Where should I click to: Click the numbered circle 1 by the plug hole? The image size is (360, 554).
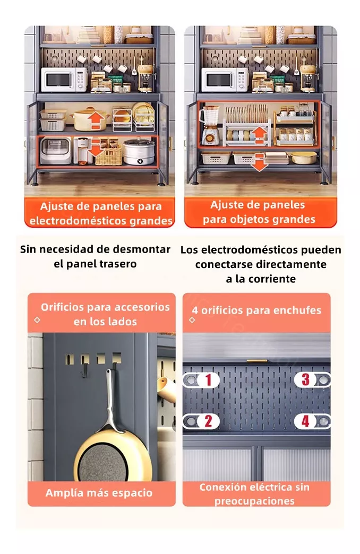(x=208, y=380)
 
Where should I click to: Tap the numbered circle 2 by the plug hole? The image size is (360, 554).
(x=208, y=421)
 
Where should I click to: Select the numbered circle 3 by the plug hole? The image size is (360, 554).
(x=305, y=379)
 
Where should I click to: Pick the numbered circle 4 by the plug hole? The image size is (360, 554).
(x=305, y=421)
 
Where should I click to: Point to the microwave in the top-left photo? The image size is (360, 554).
(x=64, y=80)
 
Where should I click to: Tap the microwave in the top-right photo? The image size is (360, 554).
(x=224, y=80)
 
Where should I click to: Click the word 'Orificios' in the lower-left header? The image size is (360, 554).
(x=64, y=307)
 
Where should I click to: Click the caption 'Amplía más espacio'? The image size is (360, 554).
(x=99, y=493)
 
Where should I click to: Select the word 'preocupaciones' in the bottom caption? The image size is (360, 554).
(x=254, y=501)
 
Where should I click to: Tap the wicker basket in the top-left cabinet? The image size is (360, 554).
(x=108, y=155)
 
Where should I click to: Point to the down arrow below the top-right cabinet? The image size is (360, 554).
(x=259, y=162)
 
